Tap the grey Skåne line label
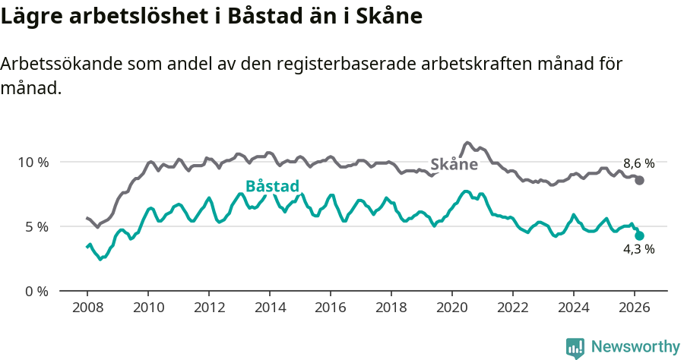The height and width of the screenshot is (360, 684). click(x=454, y=164)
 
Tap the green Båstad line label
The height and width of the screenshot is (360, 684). click(x=272, y=187)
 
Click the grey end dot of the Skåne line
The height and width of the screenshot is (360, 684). click(x=640, y=180)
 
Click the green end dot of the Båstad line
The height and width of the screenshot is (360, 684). click(x=640, y=235)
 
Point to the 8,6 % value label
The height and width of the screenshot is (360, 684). click(x=638, y=163)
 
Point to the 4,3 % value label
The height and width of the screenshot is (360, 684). click(x=638, y=250)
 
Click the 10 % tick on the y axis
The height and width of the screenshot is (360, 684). click(x=33, y=162)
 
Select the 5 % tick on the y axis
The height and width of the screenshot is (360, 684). click(x=36, y=226)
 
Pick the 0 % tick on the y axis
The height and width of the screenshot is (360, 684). click(x=36, y=291)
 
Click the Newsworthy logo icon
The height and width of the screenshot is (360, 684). click(x=575, y=347)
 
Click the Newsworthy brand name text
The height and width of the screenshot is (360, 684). click(x=635, y=347)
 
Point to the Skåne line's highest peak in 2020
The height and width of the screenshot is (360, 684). click(x=467, y=143)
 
